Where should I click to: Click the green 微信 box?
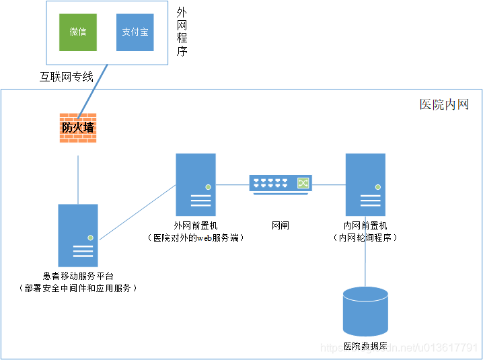[78, 32]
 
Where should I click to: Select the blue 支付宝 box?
[135, 32]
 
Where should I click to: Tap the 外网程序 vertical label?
[182, 32]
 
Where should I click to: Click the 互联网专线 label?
[66, 77]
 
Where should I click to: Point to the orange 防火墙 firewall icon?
[78, 127]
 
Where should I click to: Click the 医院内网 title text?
[443, 104]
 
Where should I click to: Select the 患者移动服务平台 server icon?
[78, 235]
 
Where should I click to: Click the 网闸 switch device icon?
[281, 184]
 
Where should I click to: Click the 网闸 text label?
[281, 225]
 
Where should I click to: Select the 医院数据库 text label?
[365, 347]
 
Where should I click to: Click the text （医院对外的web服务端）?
[196, 238]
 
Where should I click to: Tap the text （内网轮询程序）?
[365, 238]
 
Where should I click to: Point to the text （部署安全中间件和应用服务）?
[78, 288]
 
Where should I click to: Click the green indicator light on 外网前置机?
[209, 186]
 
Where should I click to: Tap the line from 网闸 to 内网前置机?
[329, 184]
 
